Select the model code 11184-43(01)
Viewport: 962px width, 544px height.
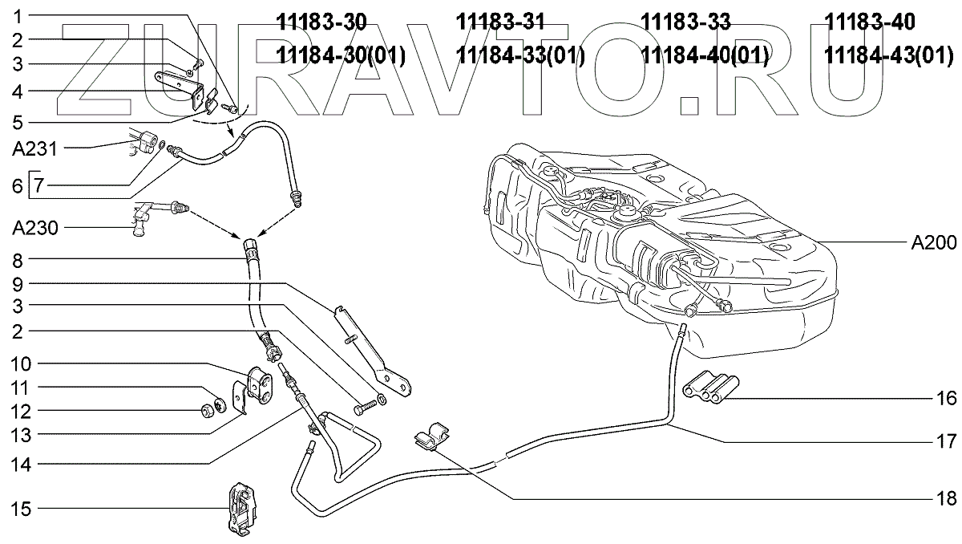coord(890,55)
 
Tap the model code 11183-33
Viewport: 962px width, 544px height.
coord(686,22)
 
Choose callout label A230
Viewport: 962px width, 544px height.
coord(30,229)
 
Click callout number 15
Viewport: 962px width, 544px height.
coord(21,508)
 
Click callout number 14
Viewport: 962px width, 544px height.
coord(21,463)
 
